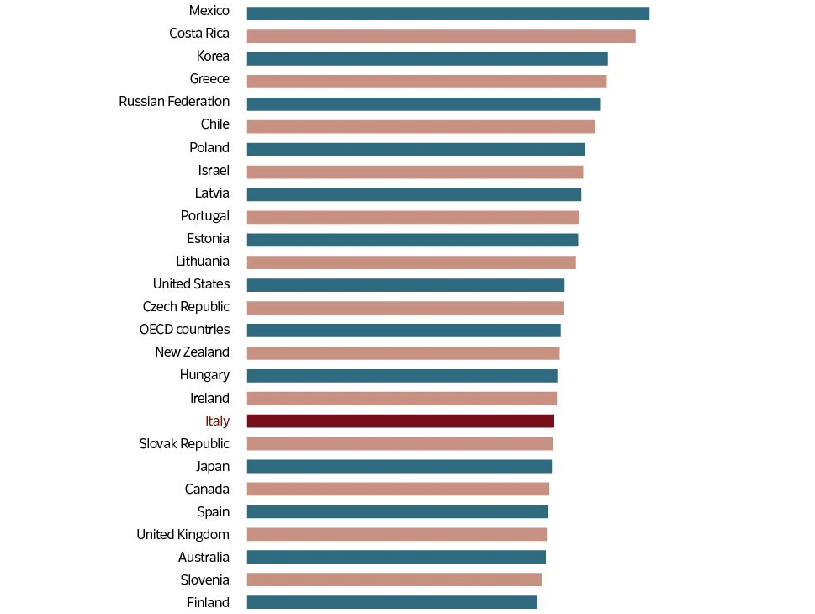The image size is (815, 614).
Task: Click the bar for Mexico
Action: pyautogui.click(x=447, y=13)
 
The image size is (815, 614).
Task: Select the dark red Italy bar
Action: pyautogui.click(x=400, y=421)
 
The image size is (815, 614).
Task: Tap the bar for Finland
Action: pyautogui.click(x=392, y=602)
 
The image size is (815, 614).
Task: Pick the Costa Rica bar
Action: pyautogui.click(x=441, y=36)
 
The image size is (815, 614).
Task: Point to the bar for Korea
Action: pyautogui.click(x=427, y=59)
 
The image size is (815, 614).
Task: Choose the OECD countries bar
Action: pyautogui.click(x=404, y=331)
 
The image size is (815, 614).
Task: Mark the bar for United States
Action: pyautogui.click(x=405, y=285)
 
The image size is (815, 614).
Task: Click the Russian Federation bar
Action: pyautogui.click(x=423, y=104)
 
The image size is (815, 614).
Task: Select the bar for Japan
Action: pyautogui.click(x=400, y=467)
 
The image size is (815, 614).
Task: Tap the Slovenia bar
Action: pyautogui.click(x=394, y=580)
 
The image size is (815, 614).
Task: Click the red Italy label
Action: pyautogui.click(x=217, y=421)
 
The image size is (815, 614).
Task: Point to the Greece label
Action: pyautogui.click(x=209, y=79)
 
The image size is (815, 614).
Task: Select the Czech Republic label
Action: pyautogui.click(x=186, y=307)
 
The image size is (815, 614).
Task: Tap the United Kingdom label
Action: pyautogui.click(x=183, y=535)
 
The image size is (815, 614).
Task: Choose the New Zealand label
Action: pyautogui.click(x=192, y=352)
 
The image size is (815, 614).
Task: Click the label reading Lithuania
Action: pyautogui.click(x=203, y=262)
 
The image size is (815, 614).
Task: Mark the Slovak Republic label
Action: pyautogui.click(x=184, y=444)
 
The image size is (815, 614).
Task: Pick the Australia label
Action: pyautogui.click(x=204, y=558)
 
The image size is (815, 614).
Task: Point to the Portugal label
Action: pyautogui.click(x=204, y=216)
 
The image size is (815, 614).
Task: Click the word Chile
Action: pyautogui.click(x=214, y=124)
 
